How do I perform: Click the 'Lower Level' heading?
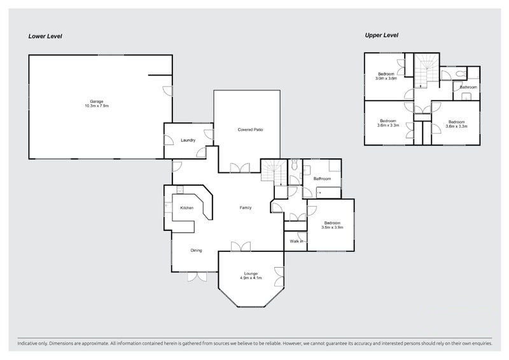tap(45, 36)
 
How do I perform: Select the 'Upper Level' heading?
tap(381, 35)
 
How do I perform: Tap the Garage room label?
tap(97, 102)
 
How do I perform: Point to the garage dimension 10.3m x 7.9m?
tap(97, 106)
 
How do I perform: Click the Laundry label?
tap(188, 140)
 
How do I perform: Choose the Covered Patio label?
tap(250, 130)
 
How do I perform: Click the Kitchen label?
tap(186, 208)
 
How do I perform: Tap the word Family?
tap(246, 208)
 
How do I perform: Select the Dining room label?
tap(196, 250)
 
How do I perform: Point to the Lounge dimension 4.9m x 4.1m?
tap(251, 278)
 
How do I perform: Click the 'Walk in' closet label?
tap(296, 241)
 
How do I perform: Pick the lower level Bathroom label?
tap(322, 179)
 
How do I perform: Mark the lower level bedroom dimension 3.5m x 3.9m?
tap(332, 227)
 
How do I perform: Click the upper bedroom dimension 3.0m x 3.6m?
tap(386, 78)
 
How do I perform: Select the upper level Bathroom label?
tap(469, 87)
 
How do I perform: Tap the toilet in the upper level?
tap(460, 74)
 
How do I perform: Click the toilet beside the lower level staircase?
tap(295, 165)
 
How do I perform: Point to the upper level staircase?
tap(426, 71)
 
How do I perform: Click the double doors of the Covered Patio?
tap(240, 168)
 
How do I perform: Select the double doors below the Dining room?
tap(197, 277)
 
